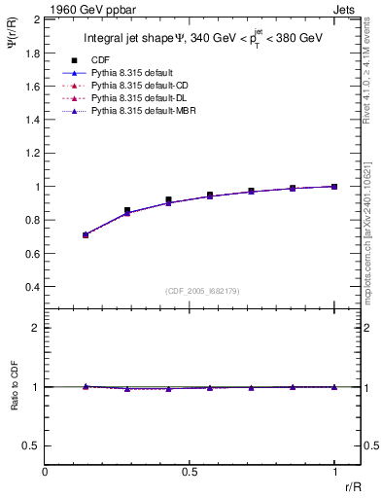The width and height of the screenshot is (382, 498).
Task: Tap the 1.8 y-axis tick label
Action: coord(32,53)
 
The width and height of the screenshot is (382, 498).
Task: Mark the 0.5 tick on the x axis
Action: coord(190,472)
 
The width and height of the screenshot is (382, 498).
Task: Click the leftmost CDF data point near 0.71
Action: coord(86,234)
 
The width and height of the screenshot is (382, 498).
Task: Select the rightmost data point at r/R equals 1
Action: coord(334,186)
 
